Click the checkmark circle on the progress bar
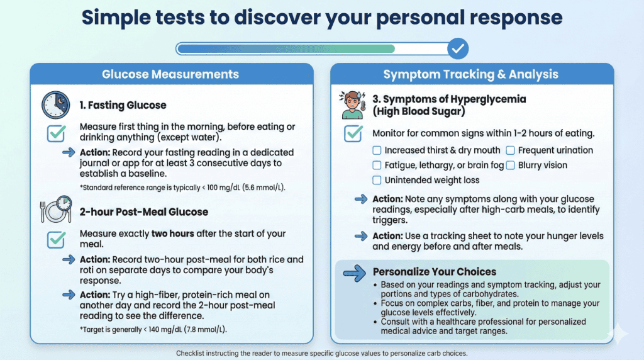point(458,48)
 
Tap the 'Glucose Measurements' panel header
point(170,74)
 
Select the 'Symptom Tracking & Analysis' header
point(471,74)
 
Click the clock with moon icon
point(56,105)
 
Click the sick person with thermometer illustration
point(352,104)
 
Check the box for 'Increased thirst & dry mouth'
point(377,150)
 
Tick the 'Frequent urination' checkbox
point(510,150)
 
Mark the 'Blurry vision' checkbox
point(510,166)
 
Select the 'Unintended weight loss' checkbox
point(377,181)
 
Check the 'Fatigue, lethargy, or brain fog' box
point(377,166)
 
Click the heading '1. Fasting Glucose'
point(123,105)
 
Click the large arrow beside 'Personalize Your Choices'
point(353,273)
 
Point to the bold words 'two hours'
point(173,233)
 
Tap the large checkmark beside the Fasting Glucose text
point(57,133)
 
